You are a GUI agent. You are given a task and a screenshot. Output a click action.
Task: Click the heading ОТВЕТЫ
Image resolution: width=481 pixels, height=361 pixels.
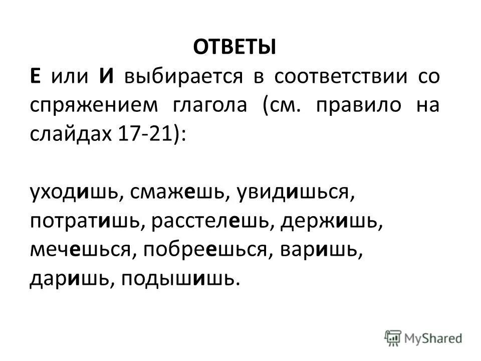[x=234, y=49]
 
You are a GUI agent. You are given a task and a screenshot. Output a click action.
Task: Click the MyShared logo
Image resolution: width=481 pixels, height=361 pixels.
[x=424, y=337]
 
